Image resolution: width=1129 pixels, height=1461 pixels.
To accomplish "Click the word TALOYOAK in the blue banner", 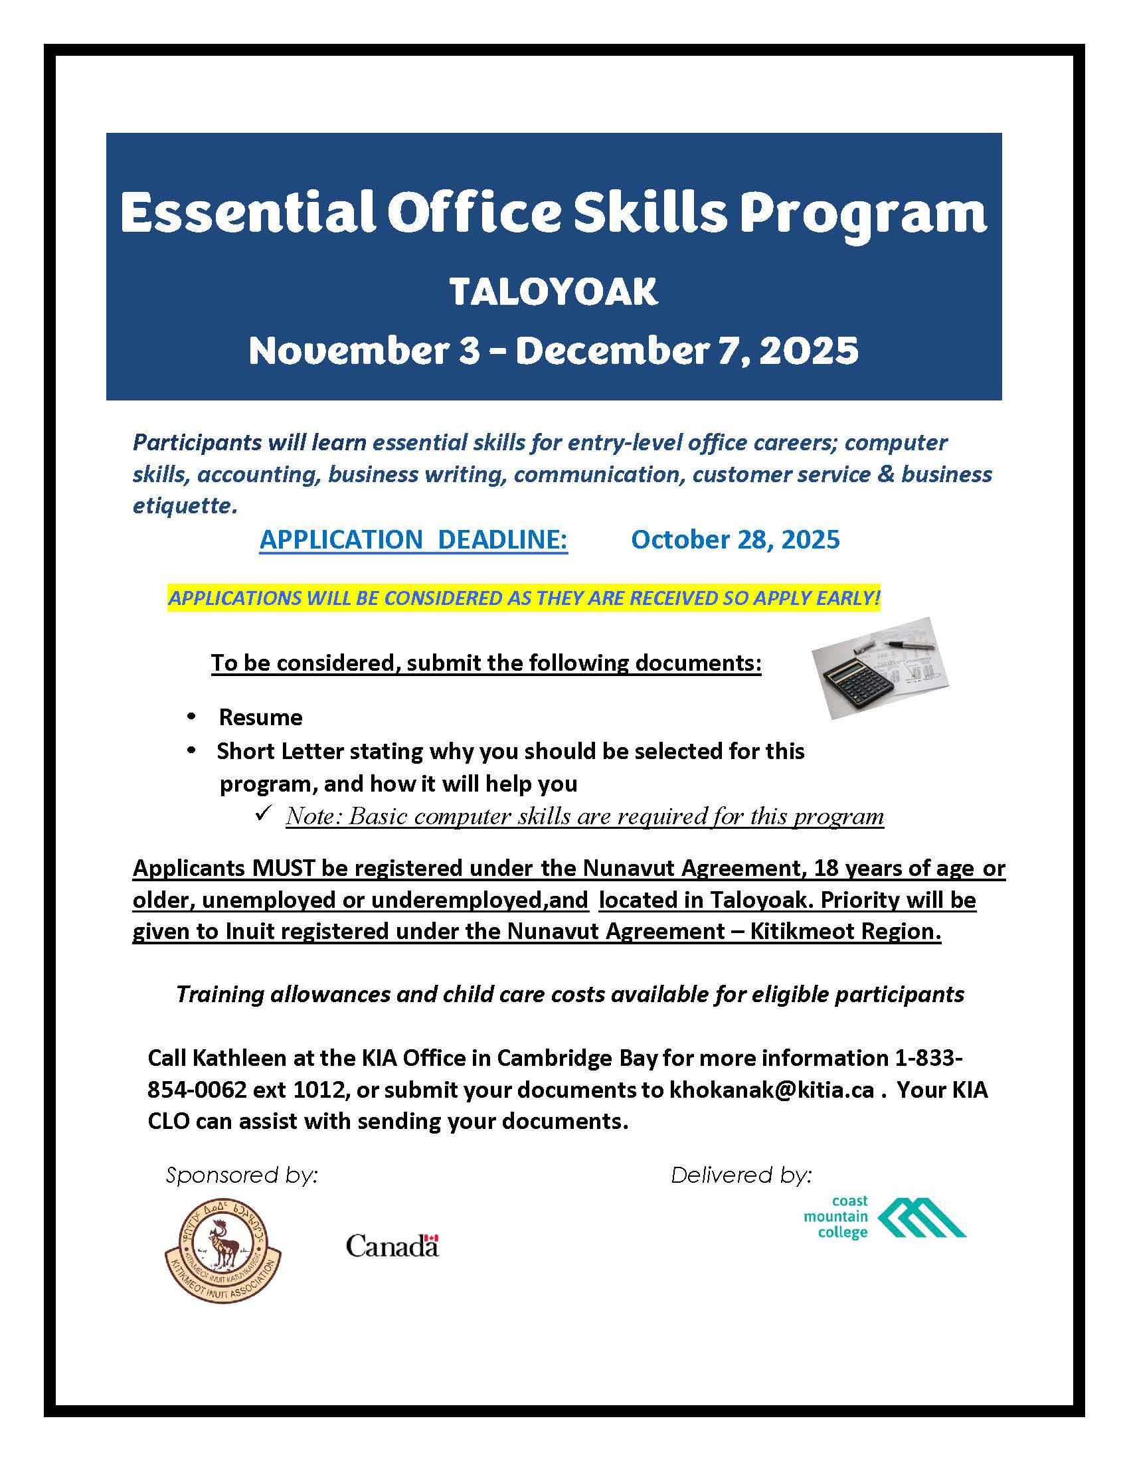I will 553,292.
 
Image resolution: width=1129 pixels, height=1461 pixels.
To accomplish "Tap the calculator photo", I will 879,668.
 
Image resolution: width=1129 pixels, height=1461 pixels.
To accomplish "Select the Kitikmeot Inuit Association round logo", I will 222,1250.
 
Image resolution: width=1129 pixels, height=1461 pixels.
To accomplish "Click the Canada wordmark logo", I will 392,1246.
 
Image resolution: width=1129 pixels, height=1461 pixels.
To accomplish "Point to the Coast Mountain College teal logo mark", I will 921,1217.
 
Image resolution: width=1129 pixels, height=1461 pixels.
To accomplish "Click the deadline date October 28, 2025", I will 735,540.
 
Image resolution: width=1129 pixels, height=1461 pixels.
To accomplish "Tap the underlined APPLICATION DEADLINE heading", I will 413,540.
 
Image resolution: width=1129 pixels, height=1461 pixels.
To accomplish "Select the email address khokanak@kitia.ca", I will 772,1090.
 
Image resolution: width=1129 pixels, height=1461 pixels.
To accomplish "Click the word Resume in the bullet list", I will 260,717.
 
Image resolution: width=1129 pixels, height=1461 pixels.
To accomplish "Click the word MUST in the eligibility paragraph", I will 284,868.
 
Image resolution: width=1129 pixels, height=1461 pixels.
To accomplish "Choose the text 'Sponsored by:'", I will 242,1175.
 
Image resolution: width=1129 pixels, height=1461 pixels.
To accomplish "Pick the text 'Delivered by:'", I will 741,1175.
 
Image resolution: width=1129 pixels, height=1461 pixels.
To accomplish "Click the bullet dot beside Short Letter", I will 192,750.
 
